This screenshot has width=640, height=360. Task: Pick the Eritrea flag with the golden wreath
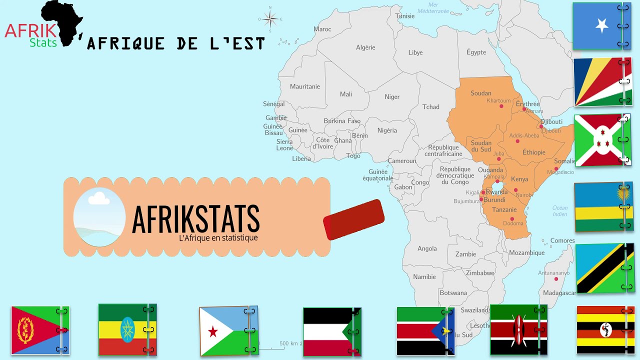point(40,330)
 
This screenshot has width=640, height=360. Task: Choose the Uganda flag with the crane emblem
point(605,330)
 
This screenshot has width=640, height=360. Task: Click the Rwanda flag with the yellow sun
point(604,207)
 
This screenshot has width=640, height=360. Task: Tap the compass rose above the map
point(270,20)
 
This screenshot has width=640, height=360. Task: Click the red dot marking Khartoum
point(501,106)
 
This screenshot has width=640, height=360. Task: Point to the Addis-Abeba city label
point(524,135)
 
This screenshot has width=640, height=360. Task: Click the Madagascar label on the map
point(559,293)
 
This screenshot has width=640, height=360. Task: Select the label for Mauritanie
point(305,86)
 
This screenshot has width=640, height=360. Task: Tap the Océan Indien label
point(560,211)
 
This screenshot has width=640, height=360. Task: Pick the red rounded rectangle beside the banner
point(354,219)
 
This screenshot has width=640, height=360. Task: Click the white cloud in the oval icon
point(98,199)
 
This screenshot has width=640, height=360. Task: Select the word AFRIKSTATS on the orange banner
point(195,219)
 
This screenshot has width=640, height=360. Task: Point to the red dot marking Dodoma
point(512,218)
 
